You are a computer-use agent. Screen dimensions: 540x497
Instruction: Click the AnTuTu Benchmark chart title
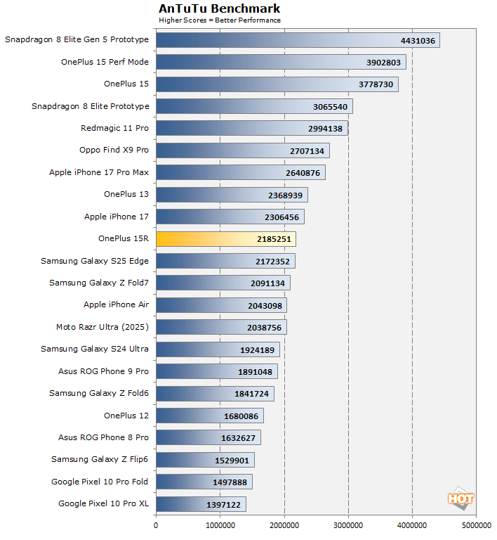click(x=219, y=8)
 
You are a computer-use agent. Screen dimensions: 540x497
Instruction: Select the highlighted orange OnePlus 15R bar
click(x=225, y=239)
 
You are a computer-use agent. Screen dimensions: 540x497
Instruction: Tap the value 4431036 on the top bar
click(x=418, y=40)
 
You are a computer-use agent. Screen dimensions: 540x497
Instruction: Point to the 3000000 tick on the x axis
click(x=348, y=525)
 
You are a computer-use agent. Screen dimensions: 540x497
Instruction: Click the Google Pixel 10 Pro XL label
click(x=104, y=503)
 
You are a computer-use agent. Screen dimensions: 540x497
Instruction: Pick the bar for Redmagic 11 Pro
click(x=252, y=129)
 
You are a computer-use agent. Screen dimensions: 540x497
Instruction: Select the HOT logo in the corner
click(x=460, y=499)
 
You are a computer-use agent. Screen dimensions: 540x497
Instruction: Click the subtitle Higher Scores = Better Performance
click(x=219, y=20)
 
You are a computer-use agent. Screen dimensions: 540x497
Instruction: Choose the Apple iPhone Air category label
click(x=116, y=304)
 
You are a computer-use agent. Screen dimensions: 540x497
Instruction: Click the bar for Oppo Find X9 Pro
click(x=242, y=150)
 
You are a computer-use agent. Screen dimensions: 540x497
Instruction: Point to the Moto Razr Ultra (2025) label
click(x=102, y=327)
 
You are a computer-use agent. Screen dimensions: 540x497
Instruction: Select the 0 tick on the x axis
click(x=156, y=525)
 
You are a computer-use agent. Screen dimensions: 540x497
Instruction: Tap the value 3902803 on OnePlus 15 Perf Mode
click(x=383, y=63)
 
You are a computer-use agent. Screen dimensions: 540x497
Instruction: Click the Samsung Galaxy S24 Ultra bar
click(x=218, y=349)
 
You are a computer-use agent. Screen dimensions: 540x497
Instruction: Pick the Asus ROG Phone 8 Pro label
click(x=103, y=437)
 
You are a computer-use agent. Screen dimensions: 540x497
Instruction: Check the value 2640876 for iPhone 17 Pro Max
click(x=303, y=173)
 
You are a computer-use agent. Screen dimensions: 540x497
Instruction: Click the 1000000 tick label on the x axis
click(x=220, y=525)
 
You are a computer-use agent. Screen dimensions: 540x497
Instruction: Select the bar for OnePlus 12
click(x=210, y=416)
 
